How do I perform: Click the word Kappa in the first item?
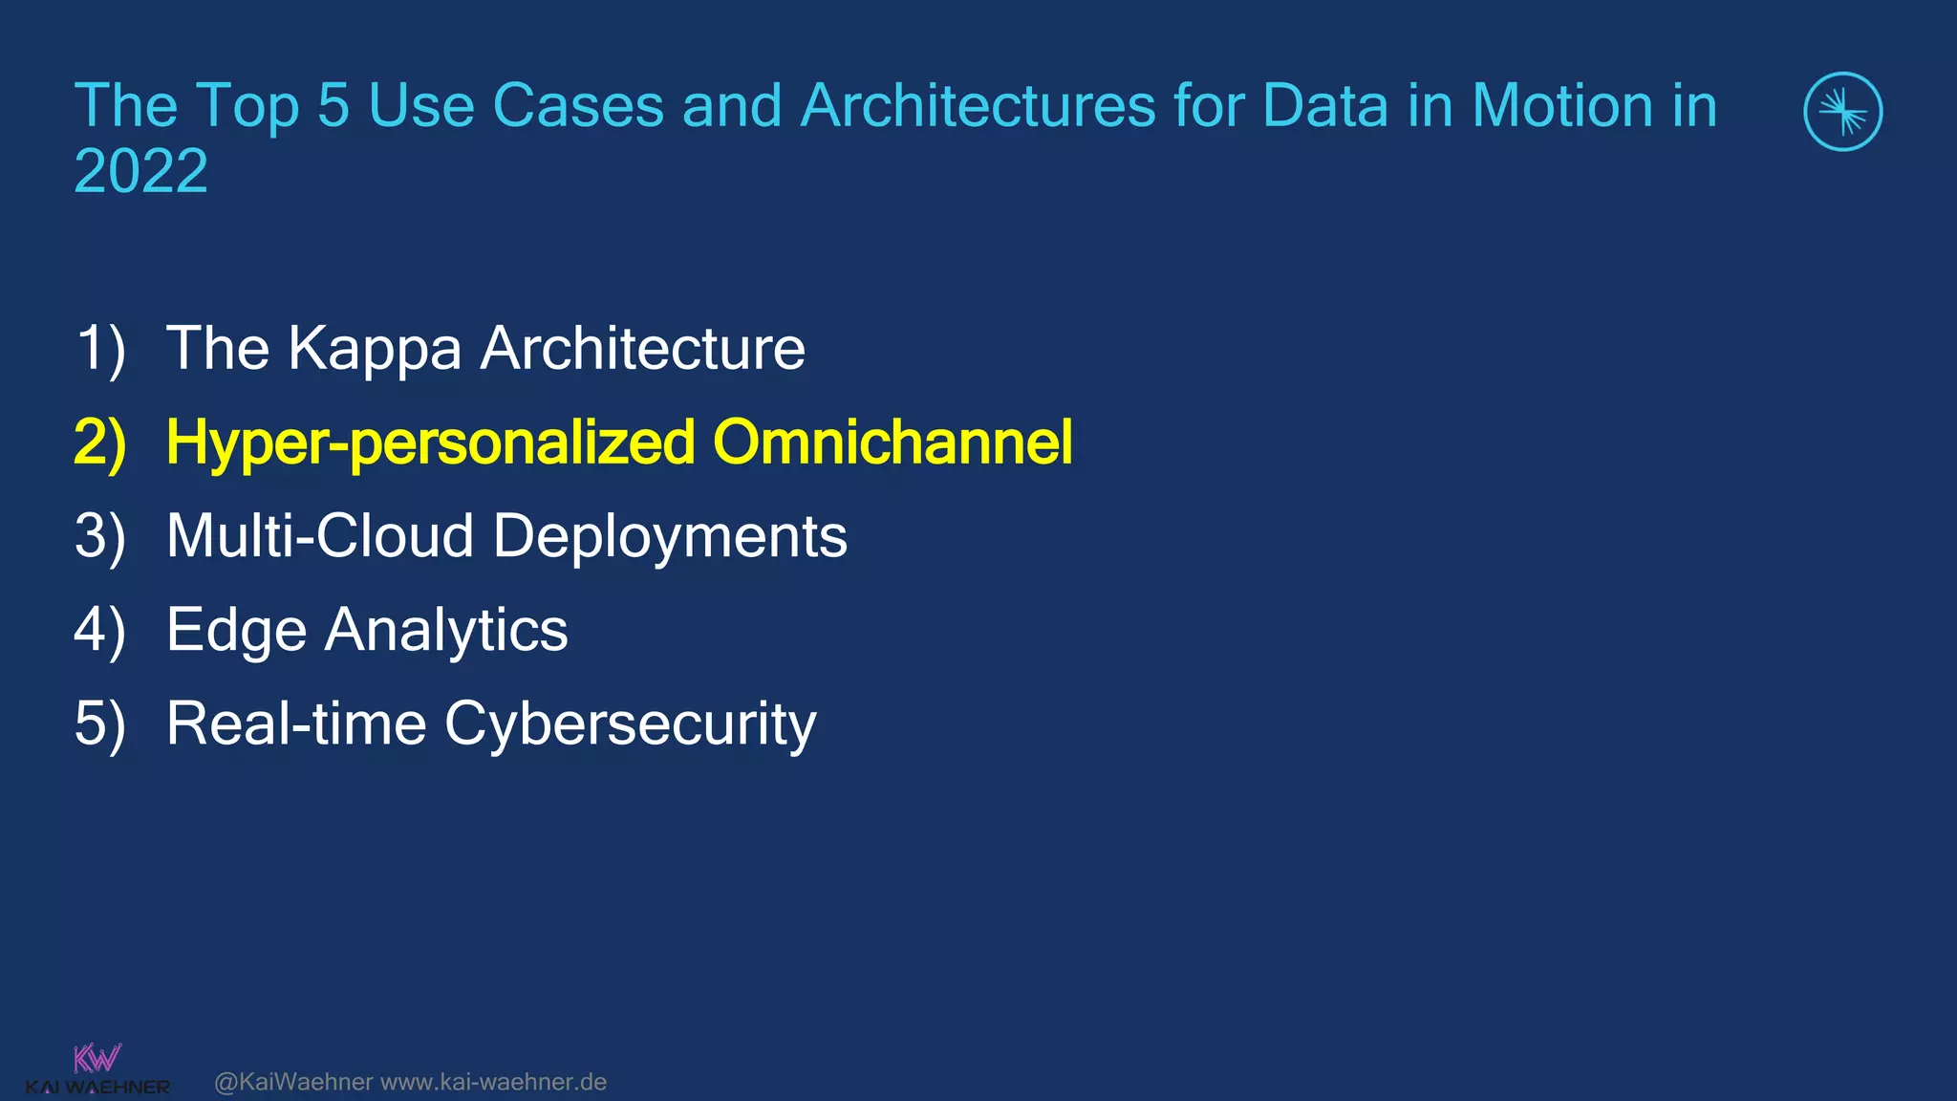(375, 350)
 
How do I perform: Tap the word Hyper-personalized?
(430, 444)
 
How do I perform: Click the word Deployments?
(670, 538)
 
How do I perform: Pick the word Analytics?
(446, 632)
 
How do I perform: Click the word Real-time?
(296, 723)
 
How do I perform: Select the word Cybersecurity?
(630, 725)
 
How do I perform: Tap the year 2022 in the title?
(140, 172)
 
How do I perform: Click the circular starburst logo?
(1842, 112)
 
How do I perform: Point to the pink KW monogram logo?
(97, 1058)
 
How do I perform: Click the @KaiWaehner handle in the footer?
(293, 1082)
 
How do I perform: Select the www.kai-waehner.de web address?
(493, 1082)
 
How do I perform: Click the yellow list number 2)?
(100, 443)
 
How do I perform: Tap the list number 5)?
(100, 724)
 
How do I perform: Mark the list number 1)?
(100, 349)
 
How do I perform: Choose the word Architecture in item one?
(642, 349)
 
